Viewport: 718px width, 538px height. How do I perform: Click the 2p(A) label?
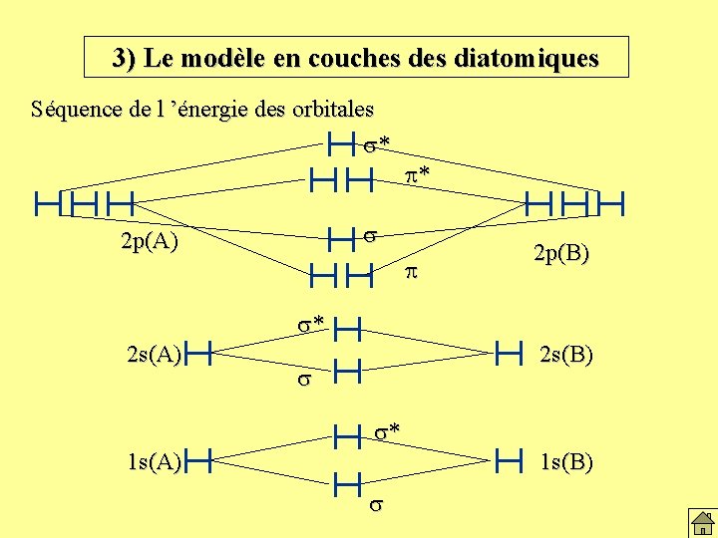(149, 241)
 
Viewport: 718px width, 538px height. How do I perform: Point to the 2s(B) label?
(566, 353)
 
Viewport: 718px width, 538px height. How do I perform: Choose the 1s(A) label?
(154, 460)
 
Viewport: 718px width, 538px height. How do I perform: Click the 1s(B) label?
(567, 461)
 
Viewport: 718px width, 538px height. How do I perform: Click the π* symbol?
(418, 176)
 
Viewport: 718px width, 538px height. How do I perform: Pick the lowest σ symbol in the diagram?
(375, 505)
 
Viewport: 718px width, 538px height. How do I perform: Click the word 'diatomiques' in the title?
(532, 58)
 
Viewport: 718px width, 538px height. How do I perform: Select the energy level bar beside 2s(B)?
(508, 351)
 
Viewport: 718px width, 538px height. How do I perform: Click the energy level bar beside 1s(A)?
(201, 459)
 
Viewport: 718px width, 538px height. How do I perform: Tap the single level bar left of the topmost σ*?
(341, 145)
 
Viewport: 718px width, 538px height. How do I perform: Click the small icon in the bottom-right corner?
(701, 521)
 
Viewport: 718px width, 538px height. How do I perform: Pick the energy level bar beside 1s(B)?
(508, 459)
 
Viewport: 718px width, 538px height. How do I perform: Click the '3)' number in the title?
(126, 58)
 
